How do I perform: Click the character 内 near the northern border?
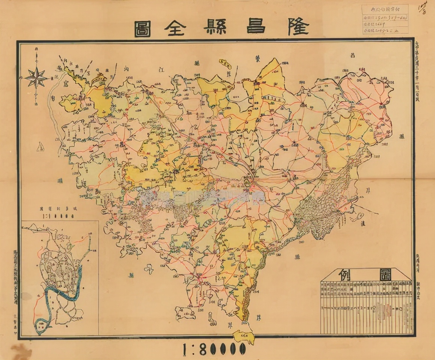(126, 70)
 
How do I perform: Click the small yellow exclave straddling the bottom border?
(243, 336)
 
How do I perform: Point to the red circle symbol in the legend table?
(400, 309)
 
